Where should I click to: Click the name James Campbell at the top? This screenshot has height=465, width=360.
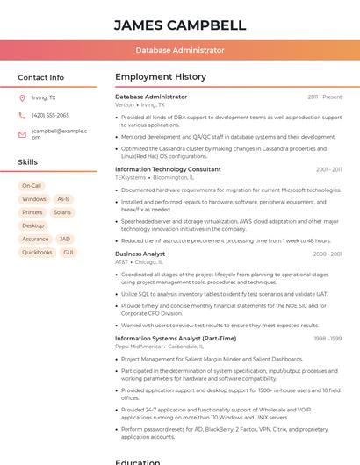180,25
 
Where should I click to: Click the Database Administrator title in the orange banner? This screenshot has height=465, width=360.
180,51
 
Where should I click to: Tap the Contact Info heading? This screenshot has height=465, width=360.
40,77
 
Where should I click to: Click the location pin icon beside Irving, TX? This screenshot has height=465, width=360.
22,97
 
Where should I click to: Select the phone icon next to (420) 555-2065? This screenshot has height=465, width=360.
22,115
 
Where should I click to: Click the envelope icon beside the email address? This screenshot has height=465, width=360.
22,134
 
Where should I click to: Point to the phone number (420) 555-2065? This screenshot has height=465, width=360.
50,115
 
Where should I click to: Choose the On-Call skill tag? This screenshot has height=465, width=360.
32,186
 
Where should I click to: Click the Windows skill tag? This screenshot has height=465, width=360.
33,199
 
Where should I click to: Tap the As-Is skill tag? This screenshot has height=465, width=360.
63,199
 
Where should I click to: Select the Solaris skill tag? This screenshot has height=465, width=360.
62,212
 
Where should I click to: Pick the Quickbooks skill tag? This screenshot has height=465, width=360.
37,253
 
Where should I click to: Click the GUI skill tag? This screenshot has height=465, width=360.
68,253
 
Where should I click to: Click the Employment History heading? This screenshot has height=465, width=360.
161,77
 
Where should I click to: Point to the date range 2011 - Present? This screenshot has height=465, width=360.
325,97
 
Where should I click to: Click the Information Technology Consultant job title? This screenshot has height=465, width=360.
168,169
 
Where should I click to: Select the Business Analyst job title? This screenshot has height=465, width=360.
140,254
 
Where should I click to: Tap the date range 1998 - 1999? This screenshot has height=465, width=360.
328,339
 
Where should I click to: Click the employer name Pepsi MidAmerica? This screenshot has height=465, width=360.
138,347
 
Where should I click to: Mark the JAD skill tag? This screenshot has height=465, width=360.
65,239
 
